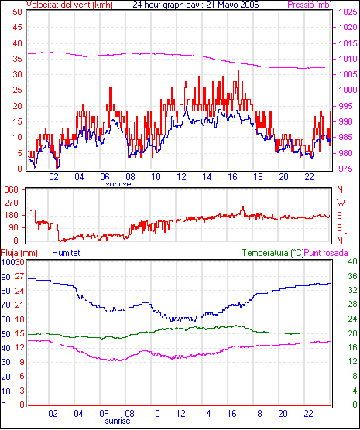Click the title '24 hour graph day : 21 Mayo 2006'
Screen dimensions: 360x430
click(196, 5)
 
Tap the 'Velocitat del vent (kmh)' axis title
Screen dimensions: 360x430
click(70, 5)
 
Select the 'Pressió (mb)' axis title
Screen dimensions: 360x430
click(310, 5)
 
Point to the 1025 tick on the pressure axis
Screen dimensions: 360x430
click(348, 12)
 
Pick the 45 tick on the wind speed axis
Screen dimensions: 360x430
click(17, 27)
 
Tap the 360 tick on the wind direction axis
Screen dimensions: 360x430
click(12, 189)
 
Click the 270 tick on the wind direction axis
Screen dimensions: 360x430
click(12, 203)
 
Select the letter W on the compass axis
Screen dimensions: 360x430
click(341, 203)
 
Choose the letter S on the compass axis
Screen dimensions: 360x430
click(339, 216)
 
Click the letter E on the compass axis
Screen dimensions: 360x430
click(339, 228)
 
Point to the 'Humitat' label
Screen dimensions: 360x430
click(66, 253)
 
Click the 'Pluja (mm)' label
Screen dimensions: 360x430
click(19, 253)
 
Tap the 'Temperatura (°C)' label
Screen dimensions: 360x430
click(273, 253)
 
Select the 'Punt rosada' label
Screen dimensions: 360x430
click(326, 253)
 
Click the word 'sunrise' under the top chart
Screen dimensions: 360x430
click(118, 184)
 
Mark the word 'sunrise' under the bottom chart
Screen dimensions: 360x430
click(118, 421)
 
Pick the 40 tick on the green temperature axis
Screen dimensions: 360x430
click(352, 261)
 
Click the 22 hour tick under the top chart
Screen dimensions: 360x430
click(309, 177)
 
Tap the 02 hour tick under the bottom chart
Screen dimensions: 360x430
click(53, 413)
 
